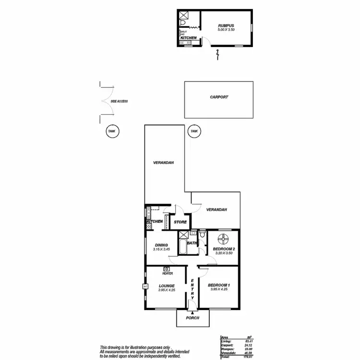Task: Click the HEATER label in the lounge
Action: (x=168, y=274)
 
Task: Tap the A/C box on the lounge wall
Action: (x=145, y=287)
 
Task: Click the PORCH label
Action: (x=192, y=318)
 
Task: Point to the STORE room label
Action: (x=180, y=222)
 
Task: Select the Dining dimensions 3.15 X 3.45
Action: (x=161, y=250)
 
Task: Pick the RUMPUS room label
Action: (x=226, y=25)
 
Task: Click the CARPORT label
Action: (x=219, y=97)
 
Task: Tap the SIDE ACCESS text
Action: (x=120, y=102)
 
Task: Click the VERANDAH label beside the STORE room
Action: (x=216, y=210)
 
